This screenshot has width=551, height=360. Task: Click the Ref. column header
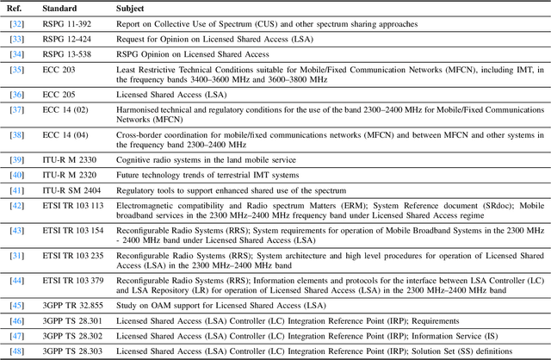click(15, 8)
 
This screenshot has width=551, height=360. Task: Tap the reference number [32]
click(16, 24)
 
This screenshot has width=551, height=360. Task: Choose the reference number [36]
click(16, 94)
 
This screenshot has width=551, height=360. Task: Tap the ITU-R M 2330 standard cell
click(73, 159)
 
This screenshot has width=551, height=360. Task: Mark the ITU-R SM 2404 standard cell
click(76, 189)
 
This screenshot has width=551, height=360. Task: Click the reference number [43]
click(16, 231)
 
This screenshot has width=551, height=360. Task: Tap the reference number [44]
click(16, 281)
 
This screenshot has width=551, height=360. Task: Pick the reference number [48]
click(16, 351)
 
